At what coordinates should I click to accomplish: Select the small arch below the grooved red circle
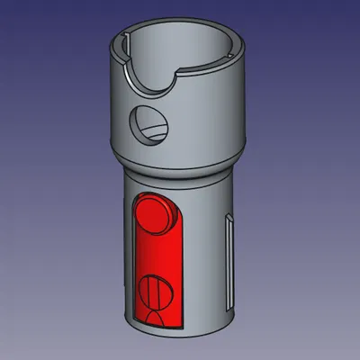(155, 316)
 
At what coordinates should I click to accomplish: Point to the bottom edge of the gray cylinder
(180, 333)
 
